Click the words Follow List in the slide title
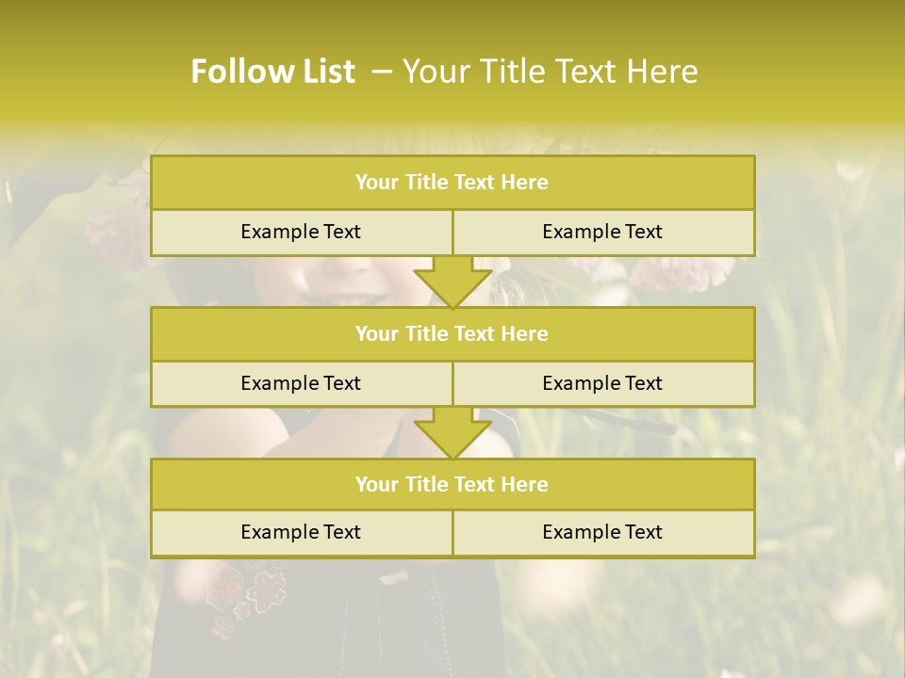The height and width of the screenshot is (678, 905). tap(272, 72)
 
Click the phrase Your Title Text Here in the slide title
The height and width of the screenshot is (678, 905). tap(550, 72)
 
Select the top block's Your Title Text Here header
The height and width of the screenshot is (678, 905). tap(452, 183)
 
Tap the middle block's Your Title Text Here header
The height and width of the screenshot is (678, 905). tap(452, 333)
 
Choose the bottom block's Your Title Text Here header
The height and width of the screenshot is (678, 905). tap(452, 484)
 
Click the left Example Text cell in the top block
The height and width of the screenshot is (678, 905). tap(301, 232)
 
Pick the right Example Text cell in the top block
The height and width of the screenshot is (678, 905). tap(602, 232)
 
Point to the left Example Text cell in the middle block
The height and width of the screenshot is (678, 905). tap(301, 383)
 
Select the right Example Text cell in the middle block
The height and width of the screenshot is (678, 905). tap(602, 383)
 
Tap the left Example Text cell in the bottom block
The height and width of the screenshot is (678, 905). tap(301, 532)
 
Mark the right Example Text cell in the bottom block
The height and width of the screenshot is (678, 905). tap(602, 532)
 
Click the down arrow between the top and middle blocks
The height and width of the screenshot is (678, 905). tap(452, 282)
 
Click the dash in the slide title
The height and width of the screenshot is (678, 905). tap(381, 72)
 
